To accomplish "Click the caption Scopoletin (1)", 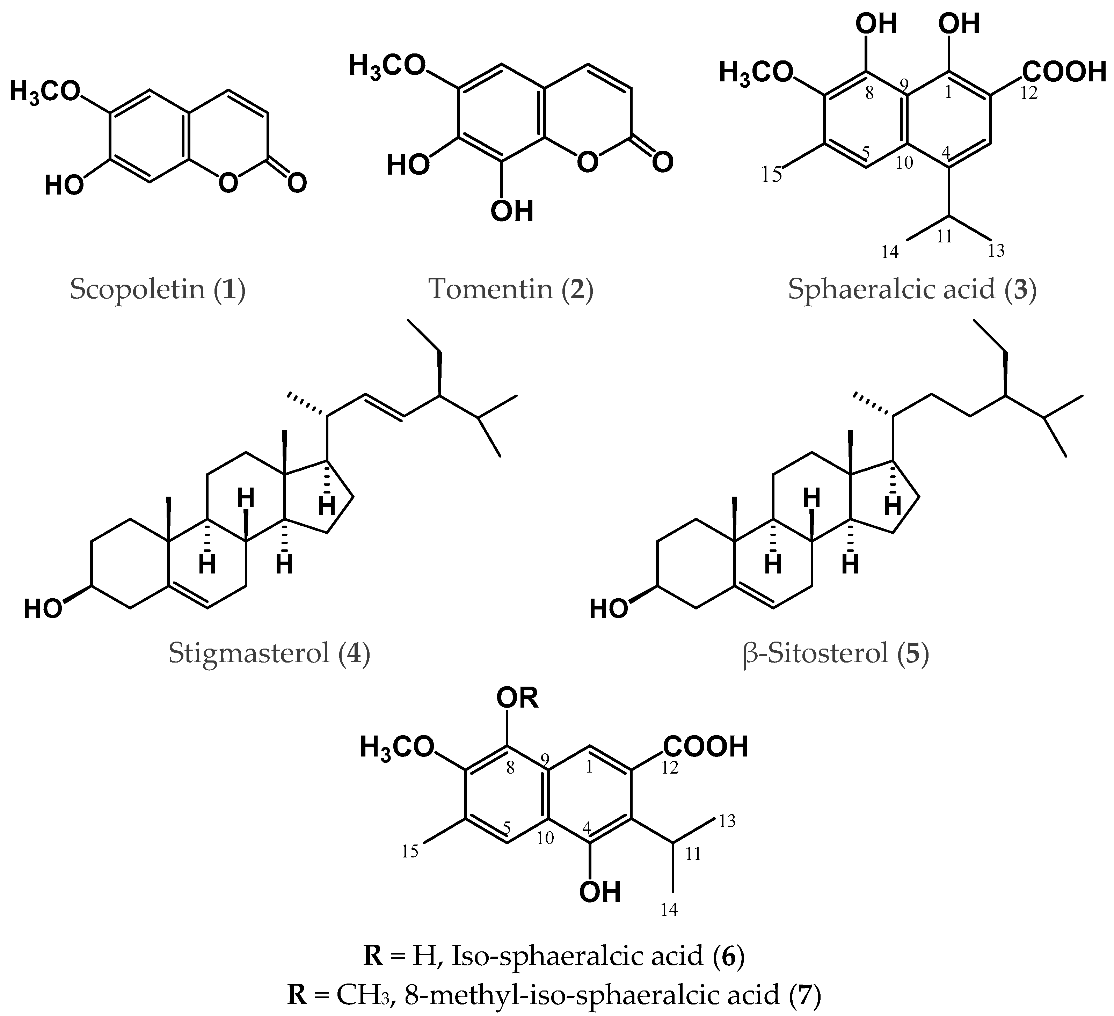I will pyautogui.click(x=158, y=289).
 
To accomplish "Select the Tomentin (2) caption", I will pyautogui.click(x=511, y=289).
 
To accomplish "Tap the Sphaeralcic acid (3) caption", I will pyautogui.click(x=912, y=289).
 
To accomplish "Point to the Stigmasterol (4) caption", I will pyautogui.click(x=269, y=653).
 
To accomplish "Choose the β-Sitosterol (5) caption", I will pyautogui.click(x=836, y=653).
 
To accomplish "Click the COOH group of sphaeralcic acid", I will pyautogui.click(x=1064, y=72).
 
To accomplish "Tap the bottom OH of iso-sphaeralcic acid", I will pyautogui.click(x=600, y=892).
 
